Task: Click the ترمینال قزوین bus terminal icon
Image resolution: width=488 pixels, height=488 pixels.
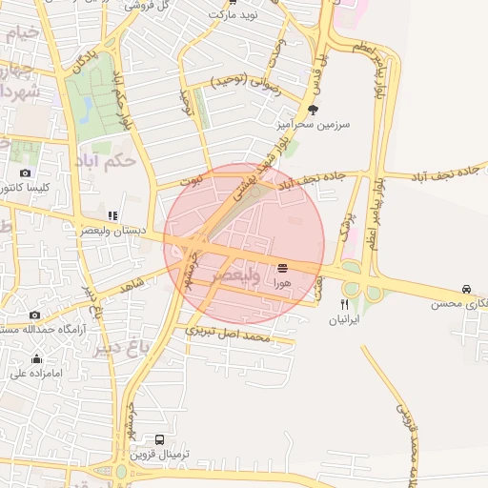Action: tap(159, 440)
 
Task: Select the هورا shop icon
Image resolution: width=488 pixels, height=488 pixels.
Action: tap(282, 269)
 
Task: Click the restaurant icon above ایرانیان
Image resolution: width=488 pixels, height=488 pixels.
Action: tap(344, 305)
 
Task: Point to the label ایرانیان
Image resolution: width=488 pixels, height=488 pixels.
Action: tap(344, 320)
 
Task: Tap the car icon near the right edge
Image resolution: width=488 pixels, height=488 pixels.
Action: tap(466, 289)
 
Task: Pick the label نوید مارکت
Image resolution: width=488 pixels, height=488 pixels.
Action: tap(234, 15)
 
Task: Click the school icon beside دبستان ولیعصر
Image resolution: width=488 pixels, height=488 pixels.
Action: tap(112, 216)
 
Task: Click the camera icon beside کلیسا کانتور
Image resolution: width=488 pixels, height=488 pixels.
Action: tap(25, 173)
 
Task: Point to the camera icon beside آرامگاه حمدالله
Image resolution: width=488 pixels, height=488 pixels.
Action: tap(34, 315)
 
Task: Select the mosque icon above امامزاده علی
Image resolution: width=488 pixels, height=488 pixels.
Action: tap(37, 358)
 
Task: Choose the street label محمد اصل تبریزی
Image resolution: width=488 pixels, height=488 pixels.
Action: tap(229, 334)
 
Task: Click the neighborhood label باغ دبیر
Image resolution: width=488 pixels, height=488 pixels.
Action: tap(121, 347)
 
